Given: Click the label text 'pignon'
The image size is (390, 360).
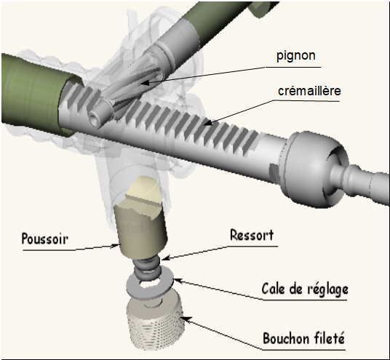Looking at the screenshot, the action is pyautogui.click(x=296, y=56).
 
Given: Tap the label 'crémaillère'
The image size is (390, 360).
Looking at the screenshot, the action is pyautogui.click(x=309, y=91).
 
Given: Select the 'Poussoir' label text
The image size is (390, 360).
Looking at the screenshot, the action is pyautogui.click(x=45, y=239).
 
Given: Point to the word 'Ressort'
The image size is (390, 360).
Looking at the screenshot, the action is pyautogui.click(x=252, y=235).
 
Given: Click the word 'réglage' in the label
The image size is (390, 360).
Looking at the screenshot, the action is pyautogui.click(x=328, y=289).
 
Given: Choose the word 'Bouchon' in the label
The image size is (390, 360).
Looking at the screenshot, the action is pyautogui.click(x=284, y=338).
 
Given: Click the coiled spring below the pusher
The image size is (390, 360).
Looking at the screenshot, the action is pyautogui.click(x=147, y=268).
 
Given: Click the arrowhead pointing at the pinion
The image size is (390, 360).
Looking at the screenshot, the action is pyautogui.click(x=145, y=83).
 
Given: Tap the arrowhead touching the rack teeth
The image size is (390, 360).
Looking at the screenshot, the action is pyautogui.click(x=208, y=122).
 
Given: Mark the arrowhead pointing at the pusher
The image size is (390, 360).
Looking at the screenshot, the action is pyautogui.click(x=116, y=246).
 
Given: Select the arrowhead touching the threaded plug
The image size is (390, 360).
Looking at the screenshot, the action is pyautogui.click(x=187, y=319).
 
